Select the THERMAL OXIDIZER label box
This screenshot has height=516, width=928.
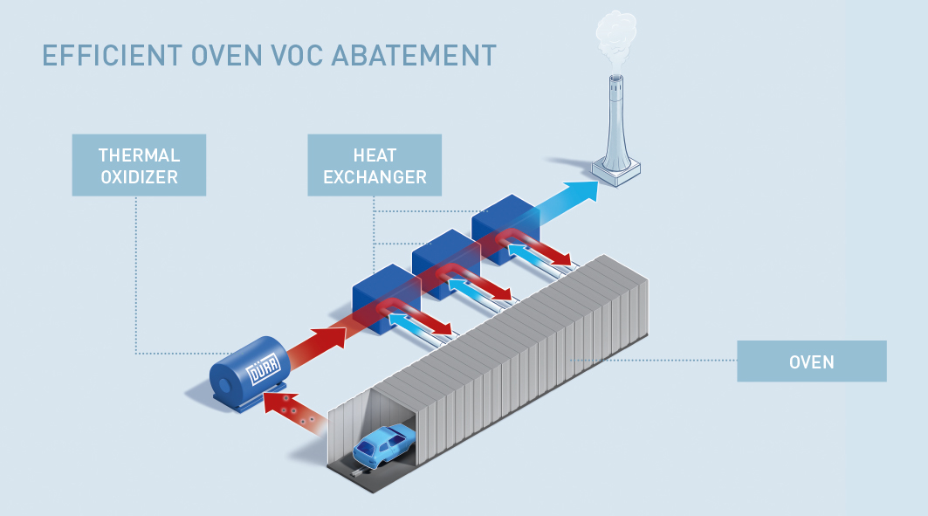coord(139,165)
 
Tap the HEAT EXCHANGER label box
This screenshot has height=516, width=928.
coord(375,165)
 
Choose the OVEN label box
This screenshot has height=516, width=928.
coord(811,361)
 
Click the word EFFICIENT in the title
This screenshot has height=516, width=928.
coord(102,55)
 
